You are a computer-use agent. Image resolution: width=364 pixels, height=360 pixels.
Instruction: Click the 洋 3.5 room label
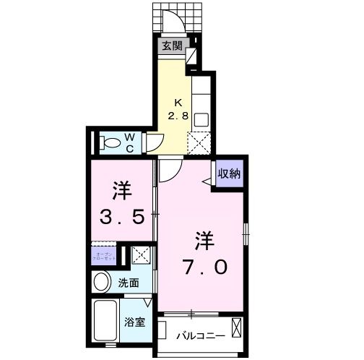pyautogui.click(x=121, y=204)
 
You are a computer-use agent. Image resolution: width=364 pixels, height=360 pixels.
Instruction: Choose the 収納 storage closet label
pyautogui.click(x=230, y=174)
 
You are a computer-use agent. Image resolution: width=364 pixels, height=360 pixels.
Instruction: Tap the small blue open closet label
pyautogui.click(x=103, y=256)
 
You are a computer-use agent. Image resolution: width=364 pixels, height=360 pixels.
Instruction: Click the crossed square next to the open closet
pyautogui.click(x=142, y=255)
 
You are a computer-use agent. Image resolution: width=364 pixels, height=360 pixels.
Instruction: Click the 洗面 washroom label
pyautogui.click(x=131, y=283)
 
